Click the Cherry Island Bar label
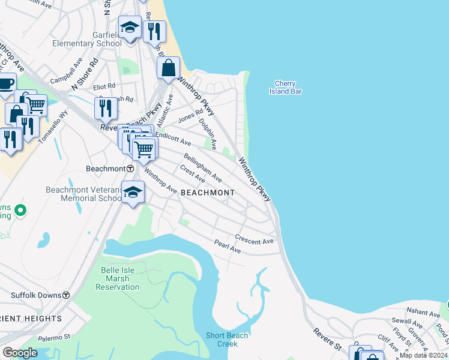[286, 88]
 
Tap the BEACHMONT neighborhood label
[208, 193]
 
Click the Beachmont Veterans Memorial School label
[84, 194]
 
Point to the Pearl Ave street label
[228, 246]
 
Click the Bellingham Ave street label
[203, 167]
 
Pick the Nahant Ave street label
[423, 313]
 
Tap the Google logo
[20, 353]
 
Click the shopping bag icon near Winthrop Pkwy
[169, 68]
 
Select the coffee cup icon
[5, 85]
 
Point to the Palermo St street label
[54, 338]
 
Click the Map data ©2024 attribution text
[424, 355]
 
